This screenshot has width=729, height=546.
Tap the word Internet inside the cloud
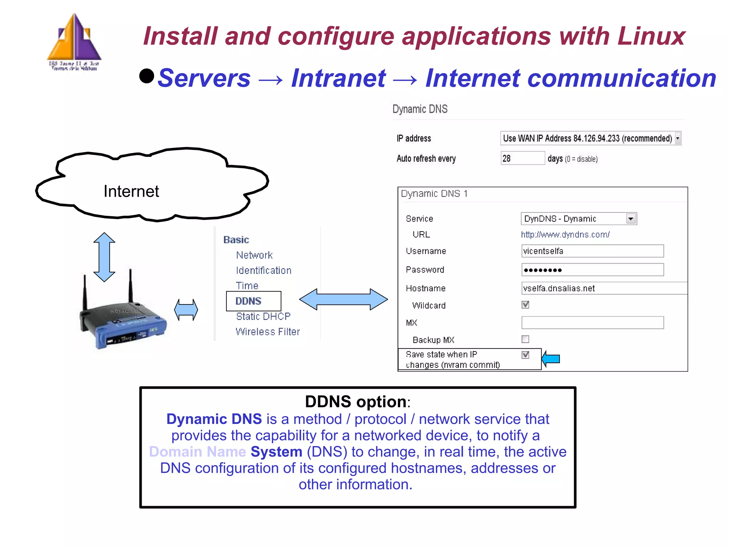coord(131,191)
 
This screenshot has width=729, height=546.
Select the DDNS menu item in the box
coord(248,301)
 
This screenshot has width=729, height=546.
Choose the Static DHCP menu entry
coord(263,316)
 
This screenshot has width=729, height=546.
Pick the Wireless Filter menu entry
coord(268,332)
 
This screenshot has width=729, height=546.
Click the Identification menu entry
coord(263,270)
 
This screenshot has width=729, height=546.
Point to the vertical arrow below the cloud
coord(104,257)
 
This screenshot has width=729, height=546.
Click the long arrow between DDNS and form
coord(343,299)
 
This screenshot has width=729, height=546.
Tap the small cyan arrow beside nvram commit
coord(551,359)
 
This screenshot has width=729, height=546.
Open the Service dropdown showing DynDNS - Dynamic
coord(578,219)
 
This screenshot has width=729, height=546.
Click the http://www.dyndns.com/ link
coord(565,235)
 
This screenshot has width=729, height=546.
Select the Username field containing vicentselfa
coord(592,251)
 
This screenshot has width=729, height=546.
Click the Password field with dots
coord(592,270)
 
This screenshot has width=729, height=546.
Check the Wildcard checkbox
coord(525,305)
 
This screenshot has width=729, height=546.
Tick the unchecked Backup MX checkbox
coord(525,339)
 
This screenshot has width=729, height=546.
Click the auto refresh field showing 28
coord(522,158)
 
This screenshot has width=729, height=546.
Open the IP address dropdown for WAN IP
coord(591,138)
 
